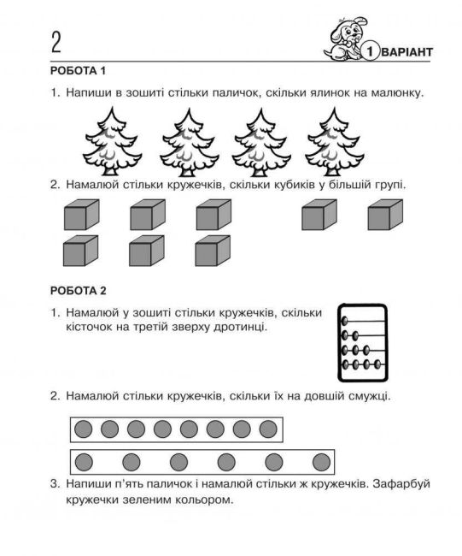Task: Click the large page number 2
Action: point(56,42)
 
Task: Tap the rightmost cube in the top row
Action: point(384,215)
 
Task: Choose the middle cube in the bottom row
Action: point(145,251)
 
